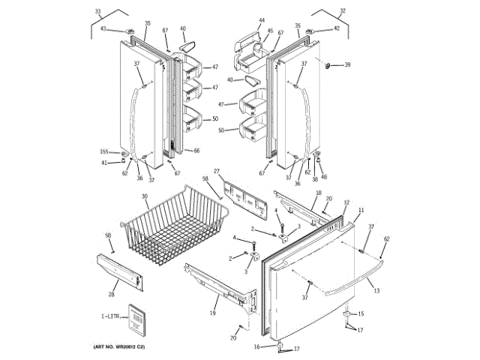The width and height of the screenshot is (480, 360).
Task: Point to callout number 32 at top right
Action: (343, 10)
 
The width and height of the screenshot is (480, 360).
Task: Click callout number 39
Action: (347, 66)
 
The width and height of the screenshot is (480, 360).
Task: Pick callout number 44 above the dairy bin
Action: (262, 20)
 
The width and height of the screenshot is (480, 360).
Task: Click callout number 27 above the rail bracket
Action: (216, 171)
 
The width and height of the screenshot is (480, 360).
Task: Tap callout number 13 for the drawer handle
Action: (376, 289)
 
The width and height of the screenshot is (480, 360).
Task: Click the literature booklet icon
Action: (135, 318)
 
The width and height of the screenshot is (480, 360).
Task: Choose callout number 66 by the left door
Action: (197, 151)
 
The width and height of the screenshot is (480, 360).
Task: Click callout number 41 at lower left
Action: (105, 162)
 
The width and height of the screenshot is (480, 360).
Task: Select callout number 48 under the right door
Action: (324, 177)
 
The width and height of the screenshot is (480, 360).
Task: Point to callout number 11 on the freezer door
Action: (361, 211)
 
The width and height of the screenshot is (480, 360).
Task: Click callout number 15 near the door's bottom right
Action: (361, 313)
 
